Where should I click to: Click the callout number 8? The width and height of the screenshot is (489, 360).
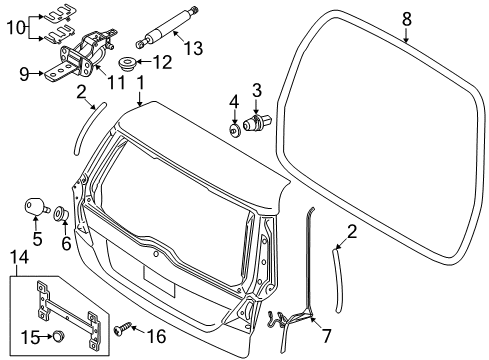(407, 18)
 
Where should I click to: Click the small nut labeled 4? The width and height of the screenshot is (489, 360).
(233, 128)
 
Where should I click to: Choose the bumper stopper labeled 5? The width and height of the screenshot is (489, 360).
(35, 206)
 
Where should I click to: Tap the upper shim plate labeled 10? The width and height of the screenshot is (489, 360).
(55, 15)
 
